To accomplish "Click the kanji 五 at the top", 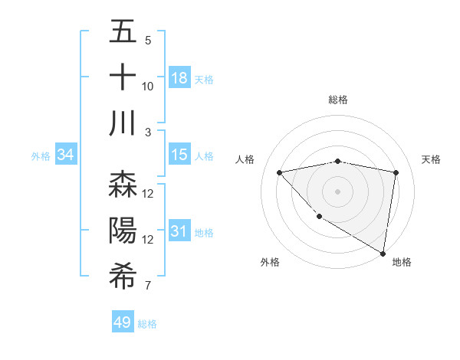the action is (x=123, y=32).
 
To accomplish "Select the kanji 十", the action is (x=123, y=77).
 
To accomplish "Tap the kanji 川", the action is (x=123, y=123).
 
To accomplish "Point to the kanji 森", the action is (x=123, y=185).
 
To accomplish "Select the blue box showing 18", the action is (x=179, y=77).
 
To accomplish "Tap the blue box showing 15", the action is (x=179, y=155).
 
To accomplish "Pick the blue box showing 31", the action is (x=179, y=231).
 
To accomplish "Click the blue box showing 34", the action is (x=65, y=155).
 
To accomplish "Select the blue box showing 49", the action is (x=123, y=322).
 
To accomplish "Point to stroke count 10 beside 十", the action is (x=148, y=87).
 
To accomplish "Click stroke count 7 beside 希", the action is (x=148, y=286).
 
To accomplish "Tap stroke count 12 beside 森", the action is (x=148, y=194).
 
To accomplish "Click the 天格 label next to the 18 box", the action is (x=204, y=79).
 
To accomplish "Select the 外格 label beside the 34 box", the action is (x=41, y=155).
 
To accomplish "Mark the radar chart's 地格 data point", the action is (x=383, y=253).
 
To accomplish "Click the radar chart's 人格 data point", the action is (x=279, y=172).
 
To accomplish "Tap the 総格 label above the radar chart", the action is (x=338, y=100).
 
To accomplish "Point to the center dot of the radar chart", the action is (x=337, y=191).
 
